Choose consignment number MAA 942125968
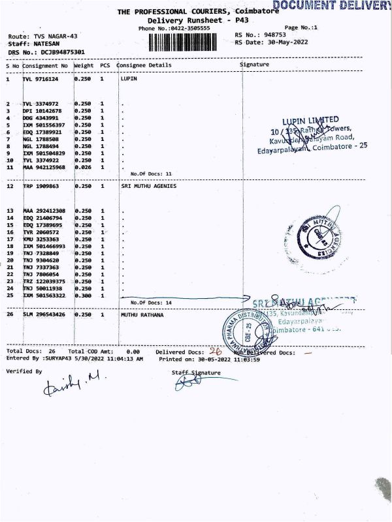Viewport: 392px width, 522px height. [x=44, y=168]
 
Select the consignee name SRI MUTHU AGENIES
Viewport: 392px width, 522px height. [x=149, y=186]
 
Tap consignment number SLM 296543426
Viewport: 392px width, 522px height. [x=44, y=315]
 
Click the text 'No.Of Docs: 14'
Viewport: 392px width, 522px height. [x=151, y=303]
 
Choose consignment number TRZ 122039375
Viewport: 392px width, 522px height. [x=44, y=281]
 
